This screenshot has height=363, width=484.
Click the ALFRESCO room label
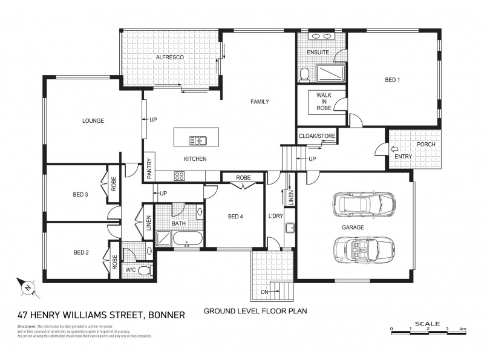[169, 57]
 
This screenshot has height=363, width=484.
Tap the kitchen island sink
[197, 141]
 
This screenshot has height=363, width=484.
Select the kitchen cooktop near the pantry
[180, 176]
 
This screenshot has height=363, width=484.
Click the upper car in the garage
[363, 204]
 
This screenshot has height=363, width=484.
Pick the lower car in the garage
[363, 248]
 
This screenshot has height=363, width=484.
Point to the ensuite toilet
[305, 74]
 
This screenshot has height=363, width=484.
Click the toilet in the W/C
[144, 270]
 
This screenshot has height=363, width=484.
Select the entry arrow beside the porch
[393, 149]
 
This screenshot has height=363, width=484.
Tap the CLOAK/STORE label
[316, 136]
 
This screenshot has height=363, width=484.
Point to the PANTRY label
[149, 169]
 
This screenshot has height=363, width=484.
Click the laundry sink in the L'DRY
[290, 228]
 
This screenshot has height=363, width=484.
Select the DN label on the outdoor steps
[265, 292]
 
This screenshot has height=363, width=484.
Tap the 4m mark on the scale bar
[463, 329]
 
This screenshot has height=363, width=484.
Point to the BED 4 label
[235, 216]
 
